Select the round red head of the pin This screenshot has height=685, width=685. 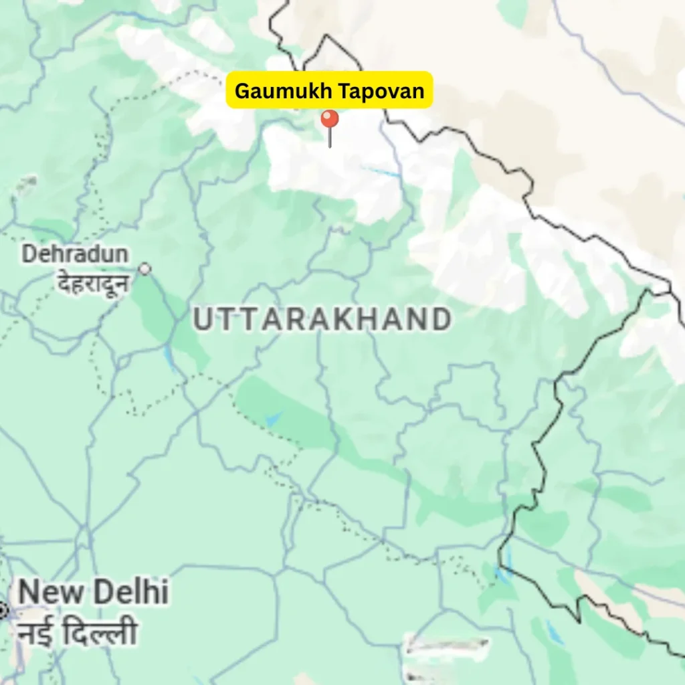click(x=329, y=120)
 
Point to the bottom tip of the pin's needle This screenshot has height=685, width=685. click(x=329, y=146)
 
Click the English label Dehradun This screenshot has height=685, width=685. click(x=75, y=254)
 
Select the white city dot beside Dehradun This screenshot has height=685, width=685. click(x=144, y=269)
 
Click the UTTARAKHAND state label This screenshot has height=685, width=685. click(x=322, y=320)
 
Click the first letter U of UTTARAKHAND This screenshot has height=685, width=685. click(x=203, y=320)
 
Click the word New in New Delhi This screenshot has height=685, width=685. click(x=50, y=593)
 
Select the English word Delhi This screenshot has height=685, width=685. click(x=130, y=593)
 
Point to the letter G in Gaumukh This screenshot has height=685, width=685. click(x=242, y=90)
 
